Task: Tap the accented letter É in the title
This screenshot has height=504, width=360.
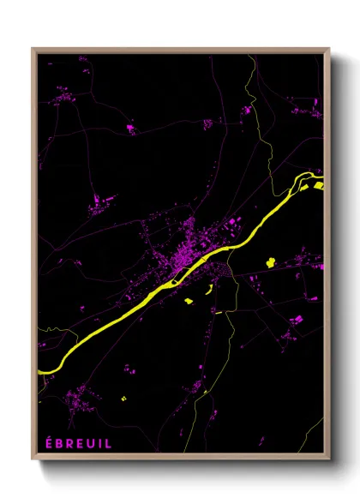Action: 47,443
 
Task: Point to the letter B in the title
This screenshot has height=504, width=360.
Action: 57,443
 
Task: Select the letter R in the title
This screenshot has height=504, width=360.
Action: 69,443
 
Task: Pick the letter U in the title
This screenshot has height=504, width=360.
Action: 90,443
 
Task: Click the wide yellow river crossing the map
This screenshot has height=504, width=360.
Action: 129,304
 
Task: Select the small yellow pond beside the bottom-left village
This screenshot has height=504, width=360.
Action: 123,399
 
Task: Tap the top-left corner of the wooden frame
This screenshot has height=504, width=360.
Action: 33,50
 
